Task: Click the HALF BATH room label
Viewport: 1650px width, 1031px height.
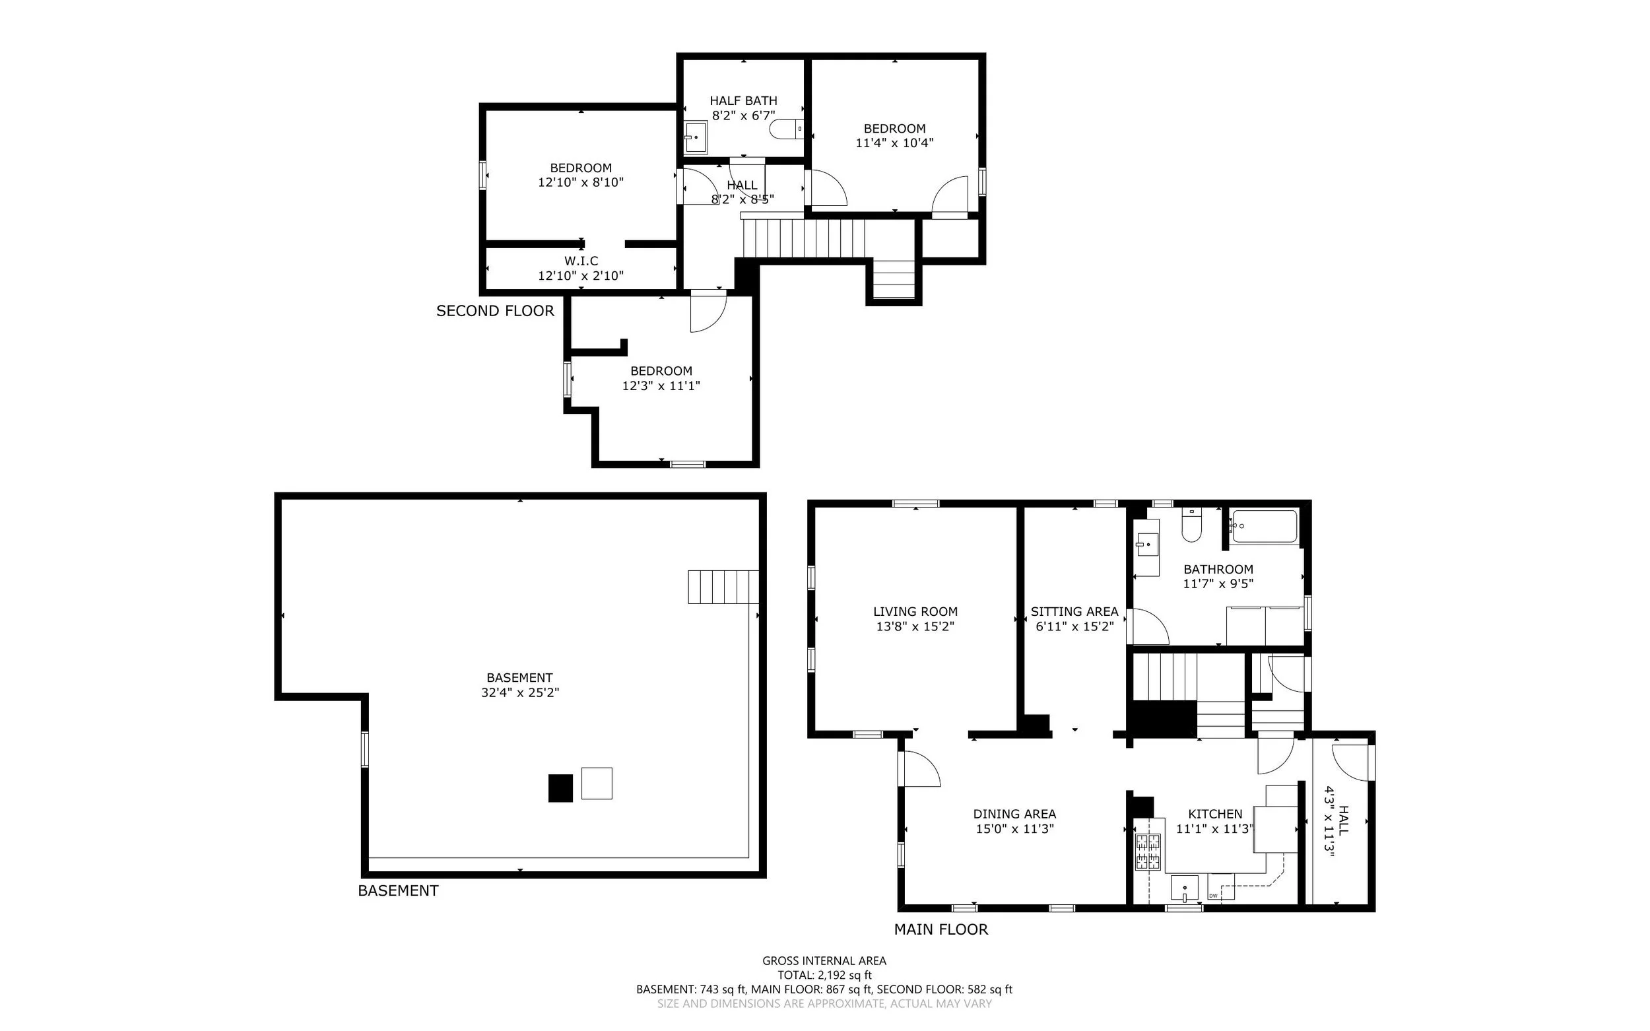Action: coord(743,101)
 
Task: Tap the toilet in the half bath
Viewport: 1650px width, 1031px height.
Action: coord(786,128)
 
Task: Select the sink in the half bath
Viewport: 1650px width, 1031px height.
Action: coord(696,138)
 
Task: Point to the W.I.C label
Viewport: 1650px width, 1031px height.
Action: coord(581,261)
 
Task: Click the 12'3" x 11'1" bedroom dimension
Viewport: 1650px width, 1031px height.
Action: coord(661,386)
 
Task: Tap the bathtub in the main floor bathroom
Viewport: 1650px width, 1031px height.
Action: coord(1263,527)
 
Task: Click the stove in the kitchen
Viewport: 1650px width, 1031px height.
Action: coord(1148,852)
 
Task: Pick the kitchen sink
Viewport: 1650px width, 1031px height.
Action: coord(1184,888)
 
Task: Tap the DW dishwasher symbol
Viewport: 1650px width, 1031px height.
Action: coord(1220,886)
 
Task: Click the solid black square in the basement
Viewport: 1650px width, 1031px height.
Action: coord(560,787)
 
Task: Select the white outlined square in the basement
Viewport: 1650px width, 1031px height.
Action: coord(597,783)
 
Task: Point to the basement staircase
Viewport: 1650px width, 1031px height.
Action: coord(723,586)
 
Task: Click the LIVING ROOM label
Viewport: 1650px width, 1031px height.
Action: coord(915,612)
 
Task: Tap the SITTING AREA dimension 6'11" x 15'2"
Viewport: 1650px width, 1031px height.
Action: coord(1074,626)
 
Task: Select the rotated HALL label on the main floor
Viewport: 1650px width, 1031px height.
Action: coord(1343,820)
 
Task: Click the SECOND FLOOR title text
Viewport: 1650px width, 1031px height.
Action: coord(495,311)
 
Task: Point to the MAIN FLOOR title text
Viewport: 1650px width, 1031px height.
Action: coord(941,929)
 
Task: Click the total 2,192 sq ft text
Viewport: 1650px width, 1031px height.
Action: coord(824,975)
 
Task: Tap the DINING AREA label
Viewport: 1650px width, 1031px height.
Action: coord(1014,814)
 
